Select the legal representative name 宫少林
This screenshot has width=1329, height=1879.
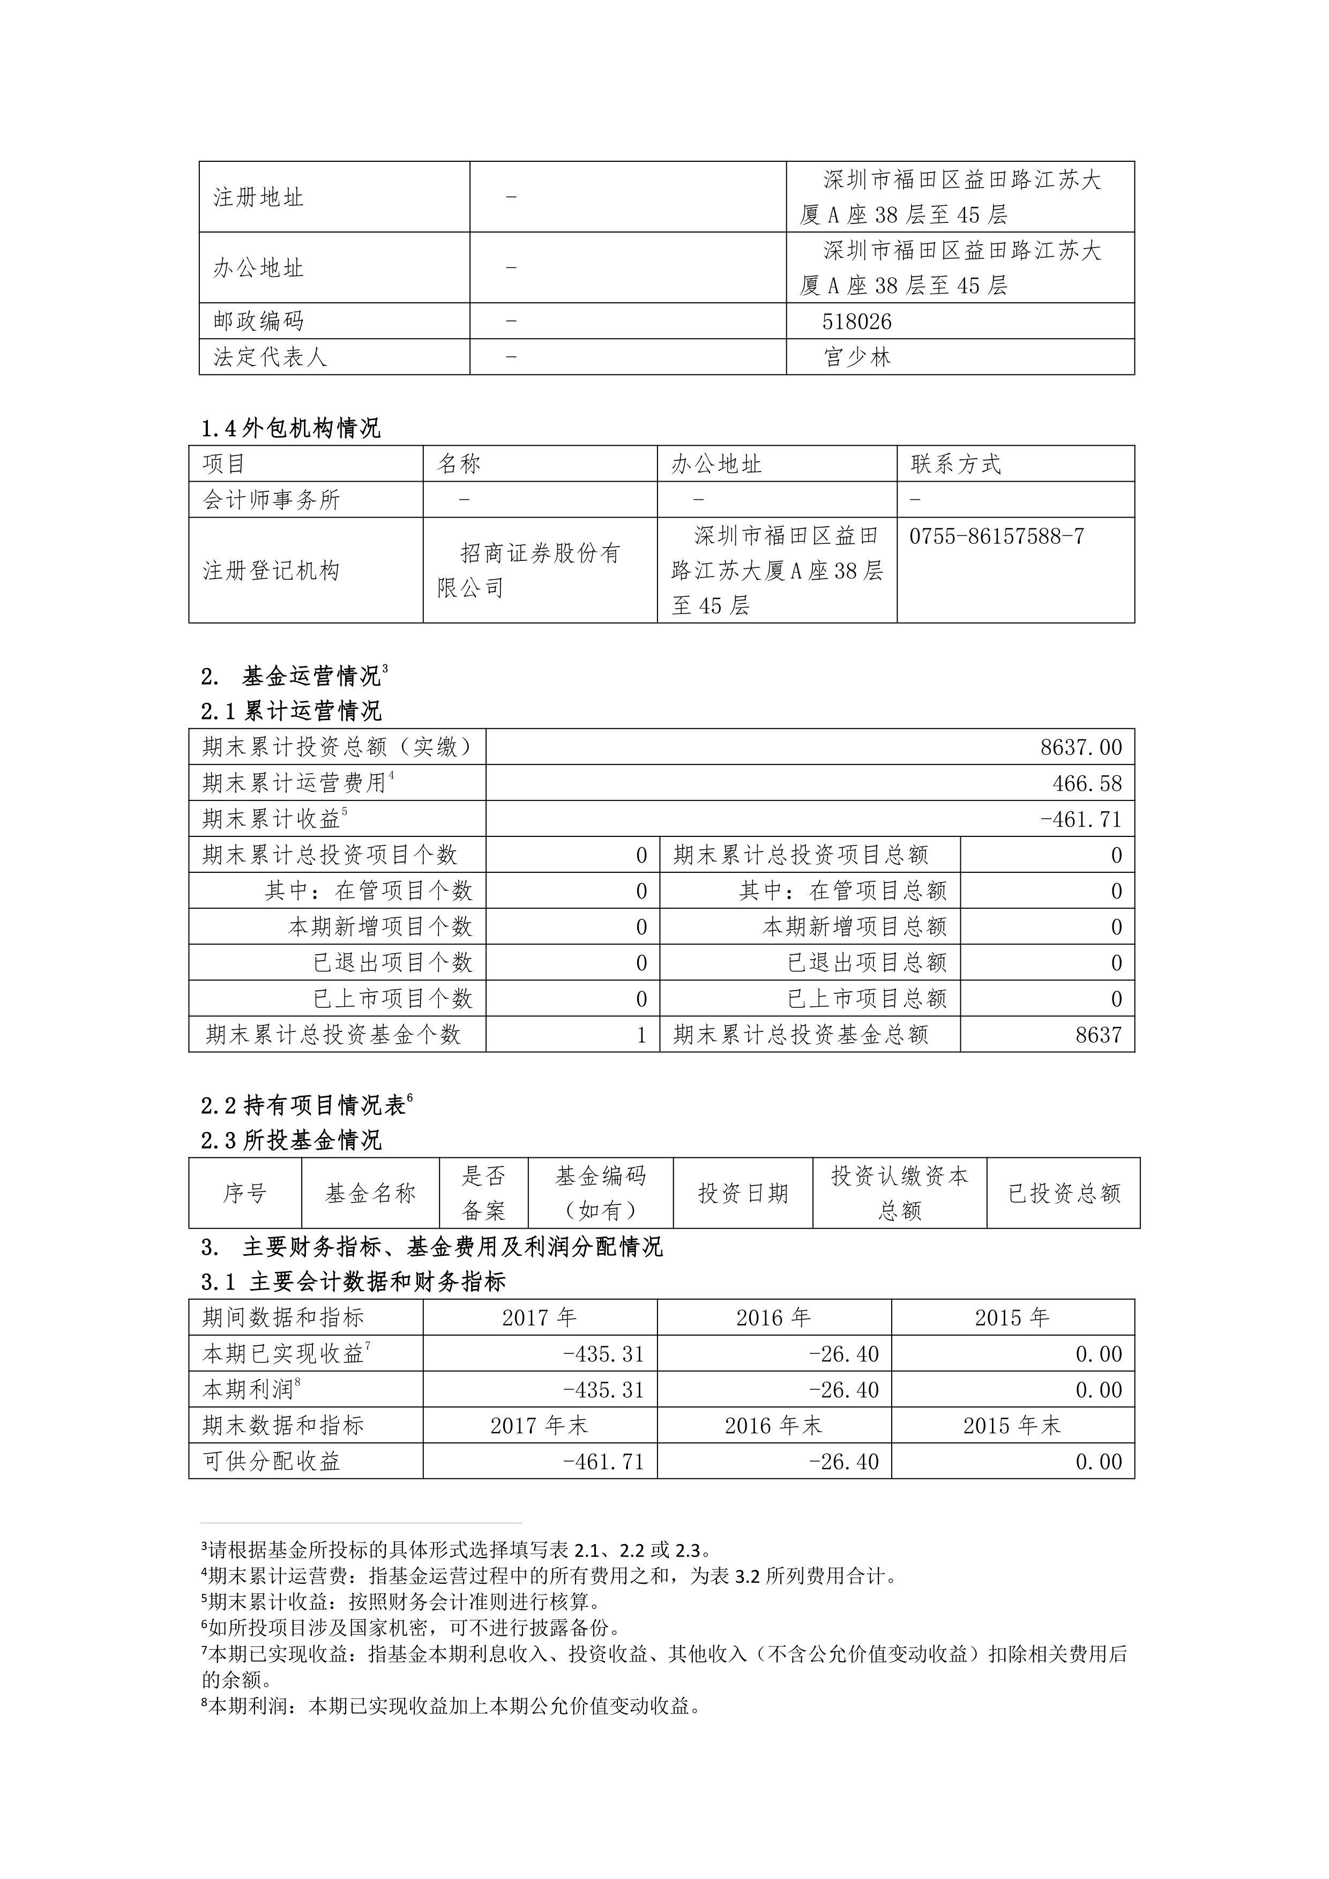point(857,357)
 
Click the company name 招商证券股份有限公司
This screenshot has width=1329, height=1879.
point(529,571)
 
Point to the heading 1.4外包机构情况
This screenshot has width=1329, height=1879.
point(292,428)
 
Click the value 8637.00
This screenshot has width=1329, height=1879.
point(1081,747)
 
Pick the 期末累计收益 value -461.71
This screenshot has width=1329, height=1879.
point(1080,819)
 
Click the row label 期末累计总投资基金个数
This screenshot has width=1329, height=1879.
point(334,1035)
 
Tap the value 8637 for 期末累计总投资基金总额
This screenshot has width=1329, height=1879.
point(1098,1035)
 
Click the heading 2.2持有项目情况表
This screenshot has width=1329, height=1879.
point(304,1106)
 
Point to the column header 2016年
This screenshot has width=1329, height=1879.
point(773,1317)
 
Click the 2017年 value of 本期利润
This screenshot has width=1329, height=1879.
point(603,1390)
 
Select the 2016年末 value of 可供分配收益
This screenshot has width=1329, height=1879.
point(843,1462)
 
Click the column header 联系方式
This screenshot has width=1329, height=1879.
point(956,464)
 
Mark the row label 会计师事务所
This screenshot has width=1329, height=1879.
point(271,500)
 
